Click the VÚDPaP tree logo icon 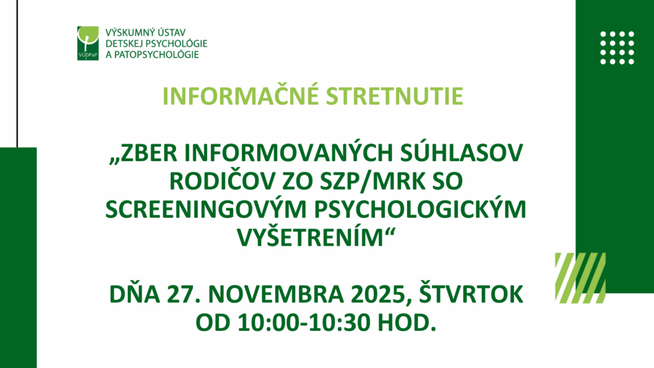click(88, 43)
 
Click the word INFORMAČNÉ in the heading click(240, 96)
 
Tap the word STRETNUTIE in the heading click(395, 96)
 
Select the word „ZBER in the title click(144, 153)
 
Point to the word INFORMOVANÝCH click(289, 153)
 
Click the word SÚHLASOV click(461, 153)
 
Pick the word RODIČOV click(222, 181)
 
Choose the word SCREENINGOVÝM click(206, 209)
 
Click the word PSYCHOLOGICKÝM click(420, 209)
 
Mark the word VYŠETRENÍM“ click(316, 237)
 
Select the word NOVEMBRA click(276, 295)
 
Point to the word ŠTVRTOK click(471, 294)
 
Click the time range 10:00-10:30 click(304, 323)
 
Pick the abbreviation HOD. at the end click(407, 323)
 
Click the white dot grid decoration click(618, 48)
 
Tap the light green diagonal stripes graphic click(580, 278)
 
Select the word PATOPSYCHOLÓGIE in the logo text click(156, 55)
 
